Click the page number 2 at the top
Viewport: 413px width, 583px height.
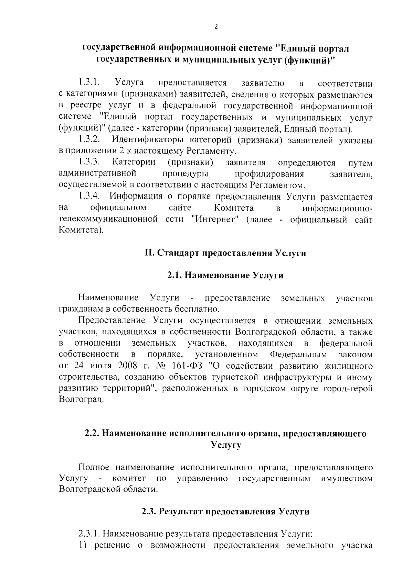(x=216, y=27)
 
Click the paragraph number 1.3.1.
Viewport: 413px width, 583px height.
(x=89, y=83)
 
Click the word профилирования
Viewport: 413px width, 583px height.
(x=269, y=174)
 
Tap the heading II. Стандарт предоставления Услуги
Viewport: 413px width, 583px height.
(x=225, y=253)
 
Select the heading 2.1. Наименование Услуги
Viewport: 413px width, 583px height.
(x=225, y=276)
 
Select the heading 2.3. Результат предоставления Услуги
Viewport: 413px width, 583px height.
(x=225, y=512)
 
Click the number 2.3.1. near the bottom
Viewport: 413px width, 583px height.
(x=89, y=534)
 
